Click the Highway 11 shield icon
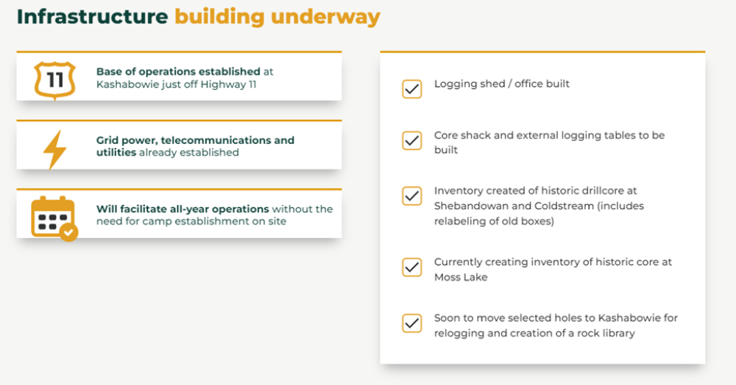coord(55,81)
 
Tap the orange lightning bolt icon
coord(54,149)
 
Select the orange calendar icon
coord(54,218)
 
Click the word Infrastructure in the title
coord(93,17)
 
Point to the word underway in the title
coord(325,18)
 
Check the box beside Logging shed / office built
coord(411,89)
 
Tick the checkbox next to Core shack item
coord(411,140)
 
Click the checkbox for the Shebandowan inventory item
coord(411,195)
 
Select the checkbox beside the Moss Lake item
coord(411,267)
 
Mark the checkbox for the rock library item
coord(411,323)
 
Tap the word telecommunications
coord(216,140)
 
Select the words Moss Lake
coord(461,277)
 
